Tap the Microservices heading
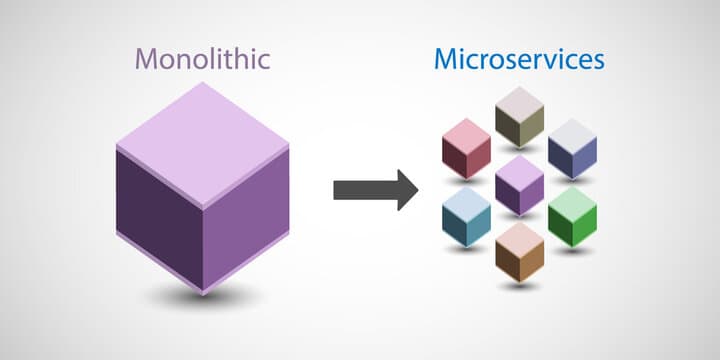point(519,58)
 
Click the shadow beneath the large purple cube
point(202,295)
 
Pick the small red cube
point(466,149)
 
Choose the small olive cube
point(519,116)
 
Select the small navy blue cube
point(572,149)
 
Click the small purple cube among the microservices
point(519,185)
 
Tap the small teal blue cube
point(466,217)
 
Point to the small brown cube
point(519,251)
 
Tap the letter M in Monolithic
point(146,58)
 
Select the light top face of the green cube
point(572,201)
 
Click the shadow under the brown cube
point(519,285)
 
